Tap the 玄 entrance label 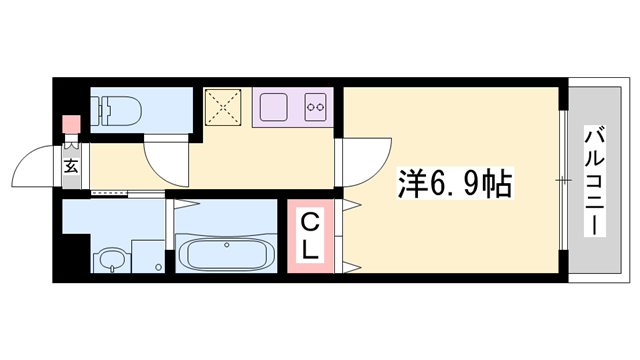(x=73, y=165)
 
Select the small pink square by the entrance (x=70, y=126)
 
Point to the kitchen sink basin (x=273, y=104)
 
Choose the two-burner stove (x=316, y=104)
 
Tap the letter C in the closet (x=311, y=221)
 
